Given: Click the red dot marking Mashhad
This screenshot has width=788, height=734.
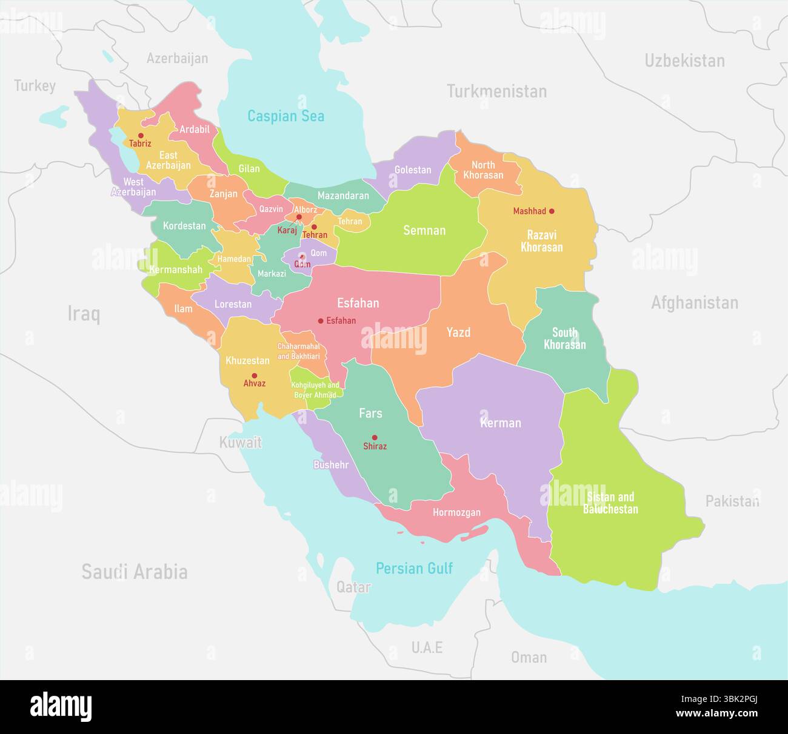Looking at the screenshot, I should (x=552, y=211).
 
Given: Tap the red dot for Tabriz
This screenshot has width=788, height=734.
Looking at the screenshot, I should (x=141, y=136).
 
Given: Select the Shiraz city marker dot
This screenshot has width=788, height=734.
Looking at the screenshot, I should (x=375, y=437).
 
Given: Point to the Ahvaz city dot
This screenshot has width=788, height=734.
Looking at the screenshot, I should (x=254, y=375).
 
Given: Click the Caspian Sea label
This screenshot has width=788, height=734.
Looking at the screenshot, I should (x=285, y=116).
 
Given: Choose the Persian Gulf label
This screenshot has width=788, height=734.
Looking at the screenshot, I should (x=414, y=568).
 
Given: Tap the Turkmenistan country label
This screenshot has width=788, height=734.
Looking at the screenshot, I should (x=496, y=91).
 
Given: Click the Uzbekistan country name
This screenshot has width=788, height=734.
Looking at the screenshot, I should (x=684, y=61).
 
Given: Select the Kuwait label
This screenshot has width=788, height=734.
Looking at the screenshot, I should (x=240, y=442).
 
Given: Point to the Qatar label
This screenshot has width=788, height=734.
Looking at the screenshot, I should (x=353, y=587).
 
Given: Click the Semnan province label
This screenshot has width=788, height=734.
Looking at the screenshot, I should (x=424, y=230).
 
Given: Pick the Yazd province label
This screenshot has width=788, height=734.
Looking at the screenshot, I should (x=458, y=332).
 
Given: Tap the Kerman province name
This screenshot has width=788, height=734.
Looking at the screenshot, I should (x=501, y=423).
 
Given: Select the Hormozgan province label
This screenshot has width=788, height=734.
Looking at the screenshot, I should (x=456, y=512).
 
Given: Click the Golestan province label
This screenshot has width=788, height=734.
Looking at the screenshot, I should (x=412, y=170).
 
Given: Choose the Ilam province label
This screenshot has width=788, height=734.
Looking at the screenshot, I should (x=183, y=309).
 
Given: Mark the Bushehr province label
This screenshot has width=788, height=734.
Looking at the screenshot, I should (x=331, y=465).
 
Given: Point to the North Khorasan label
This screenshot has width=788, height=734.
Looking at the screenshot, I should (x=483, y=170).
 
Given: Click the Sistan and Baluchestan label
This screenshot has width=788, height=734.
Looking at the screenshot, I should (x=610, y=503).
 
